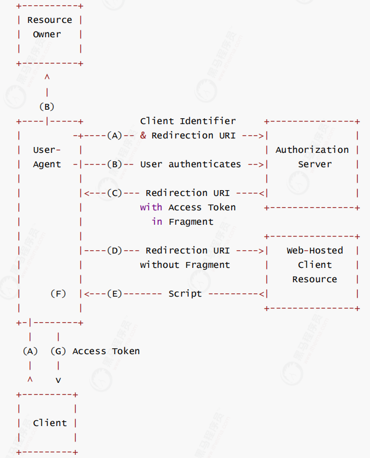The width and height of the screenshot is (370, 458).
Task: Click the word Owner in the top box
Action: tap(47, 35)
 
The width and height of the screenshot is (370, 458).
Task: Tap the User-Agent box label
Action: tap(47, 157)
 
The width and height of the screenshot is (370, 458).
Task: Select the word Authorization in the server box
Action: tap(312, 150)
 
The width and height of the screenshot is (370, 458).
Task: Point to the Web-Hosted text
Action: tap(315, 250)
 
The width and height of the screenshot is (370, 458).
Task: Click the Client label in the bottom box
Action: tap(50, 423)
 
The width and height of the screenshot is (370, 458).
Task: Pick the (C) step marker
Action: tap(115, 193)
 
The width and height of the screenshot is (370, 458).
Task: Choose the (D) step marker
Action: tap(115, 250)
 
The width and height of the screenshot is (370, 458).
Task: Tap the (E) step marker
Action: tap(115, 293)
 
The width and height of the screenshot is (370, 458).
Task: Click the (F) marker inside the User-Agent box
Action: tap(58, 293)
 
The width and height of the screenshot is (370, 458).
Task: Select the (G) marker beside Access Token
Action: tap(58, 351)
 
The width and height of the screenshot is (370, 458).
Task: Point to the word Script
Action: tap(185, 293)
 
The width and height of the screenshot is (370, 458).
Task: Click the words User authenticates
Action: tap(190, 165)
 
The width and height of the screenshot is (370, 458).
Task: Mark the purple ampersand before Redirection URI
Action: tap(143, 136)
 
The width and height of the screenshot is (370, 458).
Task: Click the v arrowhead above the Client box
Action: tap(58, 380)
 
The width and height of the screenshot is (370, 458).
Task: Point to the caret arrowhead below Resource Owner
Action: tap(47, 78)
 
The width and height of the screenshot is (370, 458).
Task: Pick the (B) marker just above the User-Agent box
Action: tap(47, 107)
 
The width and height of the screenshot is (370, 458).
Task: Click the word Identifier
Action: tap(207, 121)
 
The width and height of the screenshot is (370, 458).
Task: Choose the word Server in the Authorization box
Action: tap(315, 165)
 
